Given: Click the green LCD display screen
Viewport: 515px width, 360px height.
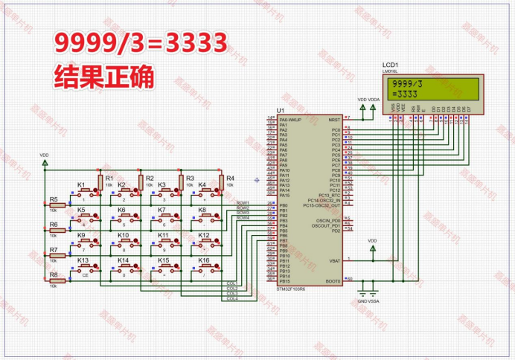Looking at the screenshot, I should [x=430, y=89].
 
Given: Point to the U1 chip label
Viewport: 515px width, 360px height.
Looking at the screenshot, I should [x=280, y=111].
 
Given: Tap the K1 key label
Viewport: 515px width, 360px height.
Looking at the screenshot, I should [x=82, y=184].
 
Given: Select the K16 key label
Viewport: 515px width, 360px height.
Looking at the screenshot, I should [x=203, y=260].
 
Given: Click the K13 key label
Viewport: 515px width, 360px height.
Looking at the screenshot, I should [x=83, y=260].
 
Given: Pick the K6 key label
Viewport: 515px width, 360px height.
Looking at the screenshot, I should [x=122, y=210].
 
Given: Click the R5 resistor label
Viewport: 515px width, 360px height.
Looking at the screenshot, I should [x=53, y=199].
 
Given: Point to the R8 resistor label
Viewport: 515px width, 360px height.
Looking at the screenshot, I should [x=53, y=274].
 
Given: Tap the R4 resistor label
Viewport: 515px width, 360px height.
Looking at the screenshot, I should [x=230, y=179].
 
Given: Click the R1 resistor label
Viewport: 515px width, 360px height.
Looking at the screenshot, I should [x=109, y=179].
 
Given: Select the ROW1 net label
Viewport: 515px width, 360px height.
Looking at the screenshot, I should [x=243, y=202].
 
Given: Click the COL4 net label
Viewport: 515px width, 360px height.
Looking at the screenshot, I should [x=231, y=299].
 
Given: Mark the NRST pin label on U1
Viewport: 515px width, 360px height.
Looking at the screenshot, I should [x=334, y=119].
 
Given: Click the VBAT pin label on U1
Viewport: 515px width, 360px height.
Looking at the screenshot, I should [x=333, y=260].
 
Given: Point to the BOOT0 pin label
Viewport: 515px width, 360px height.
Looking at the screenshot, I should [x=332, y=281].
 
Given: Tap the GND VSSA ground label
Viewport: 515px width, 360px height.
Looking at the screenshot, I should [x=368, y=301].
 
